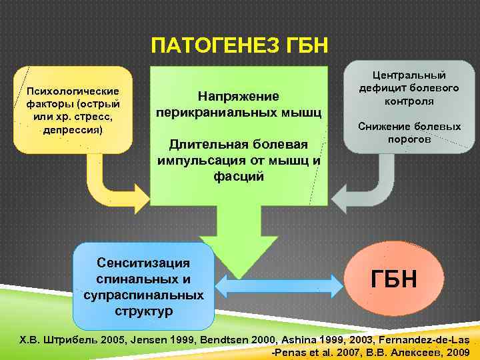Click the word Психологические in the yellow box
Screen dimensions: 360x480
tap(73, 91)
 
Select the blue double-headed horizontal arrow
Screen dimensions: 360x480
tap(279, 287)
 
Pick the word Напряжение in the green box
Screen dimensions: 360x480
tap(239, 97)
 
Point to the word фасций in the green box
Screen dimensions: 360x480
tap(239, 177)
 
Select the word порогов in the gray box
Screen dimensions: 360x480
tap(409, 139)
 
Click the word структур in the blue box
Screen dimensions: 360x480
tap(143, 311)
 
